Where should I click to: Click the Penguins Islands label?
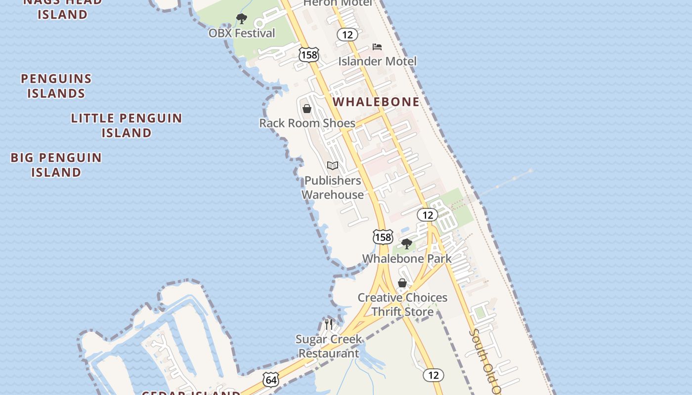coord(56,86)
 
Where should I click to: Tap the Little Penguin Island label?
coord(127,125)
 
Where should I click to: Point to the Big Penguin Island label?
coord(56,165)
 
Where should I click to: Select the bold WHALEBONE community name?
coord(376,102)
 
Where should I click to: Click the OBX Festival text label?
coord(242,34)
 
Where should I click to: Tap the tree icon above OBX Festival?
coord(242,19)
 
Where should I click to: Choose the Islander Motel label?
coord(377,61)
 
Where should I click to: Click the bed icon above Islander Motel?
coord(377,47)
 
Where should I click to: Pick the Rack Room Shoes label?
coord(307,123)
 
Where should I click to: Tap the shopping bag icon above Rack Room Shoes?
coord(307,109)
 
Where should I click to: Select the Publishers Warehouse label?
coord(333,188)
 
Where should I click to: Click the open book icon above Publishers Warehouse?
coord(333,166)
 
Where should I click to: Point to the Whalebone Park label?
coord(407,259)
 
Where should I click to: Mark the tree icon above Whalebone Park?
coord(407,243)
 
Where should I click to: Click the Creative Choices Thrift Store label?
coord(402,305)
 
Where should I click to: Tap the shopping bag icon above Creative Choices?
coord(402,283)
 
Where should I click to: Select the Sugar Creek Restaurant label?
coord(329,346)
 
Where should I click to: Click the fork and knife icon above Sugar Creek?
coord(329,324)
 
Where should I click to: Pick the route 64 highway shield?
coord(271,380)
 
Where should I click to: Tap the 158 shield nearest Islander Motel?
coord(309,55)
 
